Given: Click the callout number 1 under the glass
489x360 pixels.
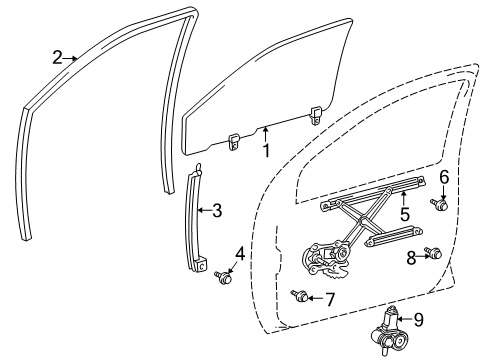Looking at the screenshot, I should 267,150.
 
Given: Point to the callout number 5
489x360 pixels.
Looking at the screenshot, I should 404,214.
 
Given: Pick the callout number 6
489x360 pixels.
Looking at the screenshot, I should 443,177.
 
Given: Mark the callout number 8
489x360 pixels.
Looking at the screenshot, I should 410,256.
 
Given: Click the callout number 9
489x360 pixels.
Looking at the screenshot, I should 418,321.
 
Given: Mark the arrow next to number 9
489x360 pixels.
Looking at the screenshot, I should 403,319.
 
